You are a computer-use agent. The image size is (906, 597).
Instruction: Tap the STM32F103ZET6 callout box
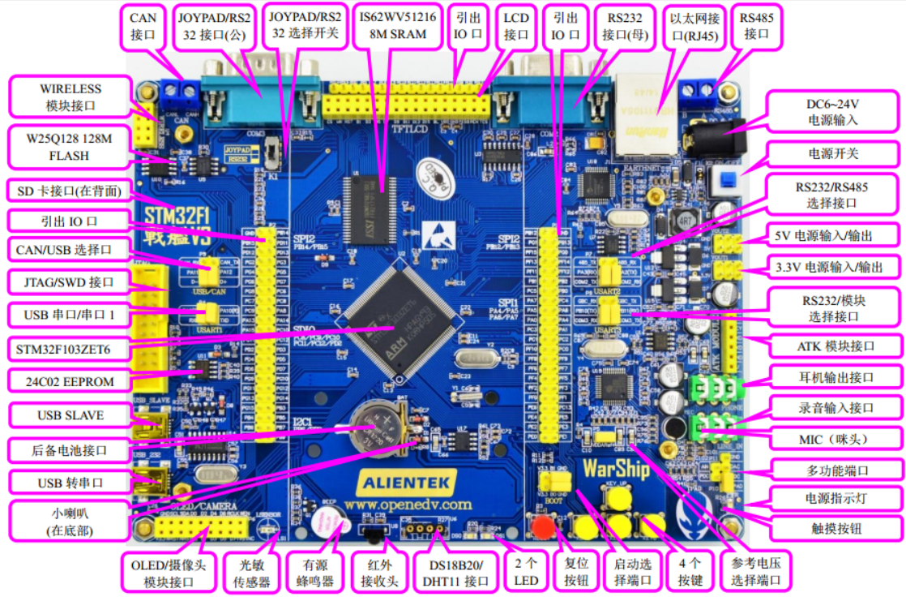point(69,350)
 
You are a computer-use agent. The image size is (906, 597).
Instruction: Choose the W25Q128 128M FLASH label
point(69,147)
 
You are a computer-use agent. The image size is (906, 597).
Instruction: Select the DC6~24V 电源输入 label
point(832,111)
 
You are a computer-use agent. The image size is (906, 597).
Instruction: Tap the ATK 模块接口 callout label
point(835,346)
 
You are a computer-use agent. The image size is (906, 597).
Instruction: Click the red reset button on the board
point(543,528)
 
